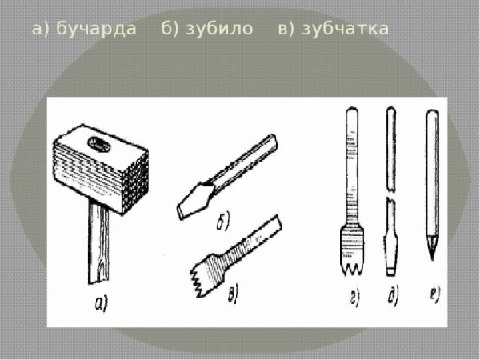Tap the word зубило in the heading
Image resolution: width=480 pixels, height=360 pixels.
(x=215, y=30)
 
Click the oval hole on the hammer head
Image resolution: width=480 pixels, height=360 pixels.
(x=102, y=144)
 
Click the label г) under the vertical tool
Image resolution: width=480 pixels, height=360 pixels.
(x=353, y=298)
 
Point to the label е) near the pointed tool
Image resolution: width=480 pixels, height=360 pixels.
(x=433, y=298)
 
